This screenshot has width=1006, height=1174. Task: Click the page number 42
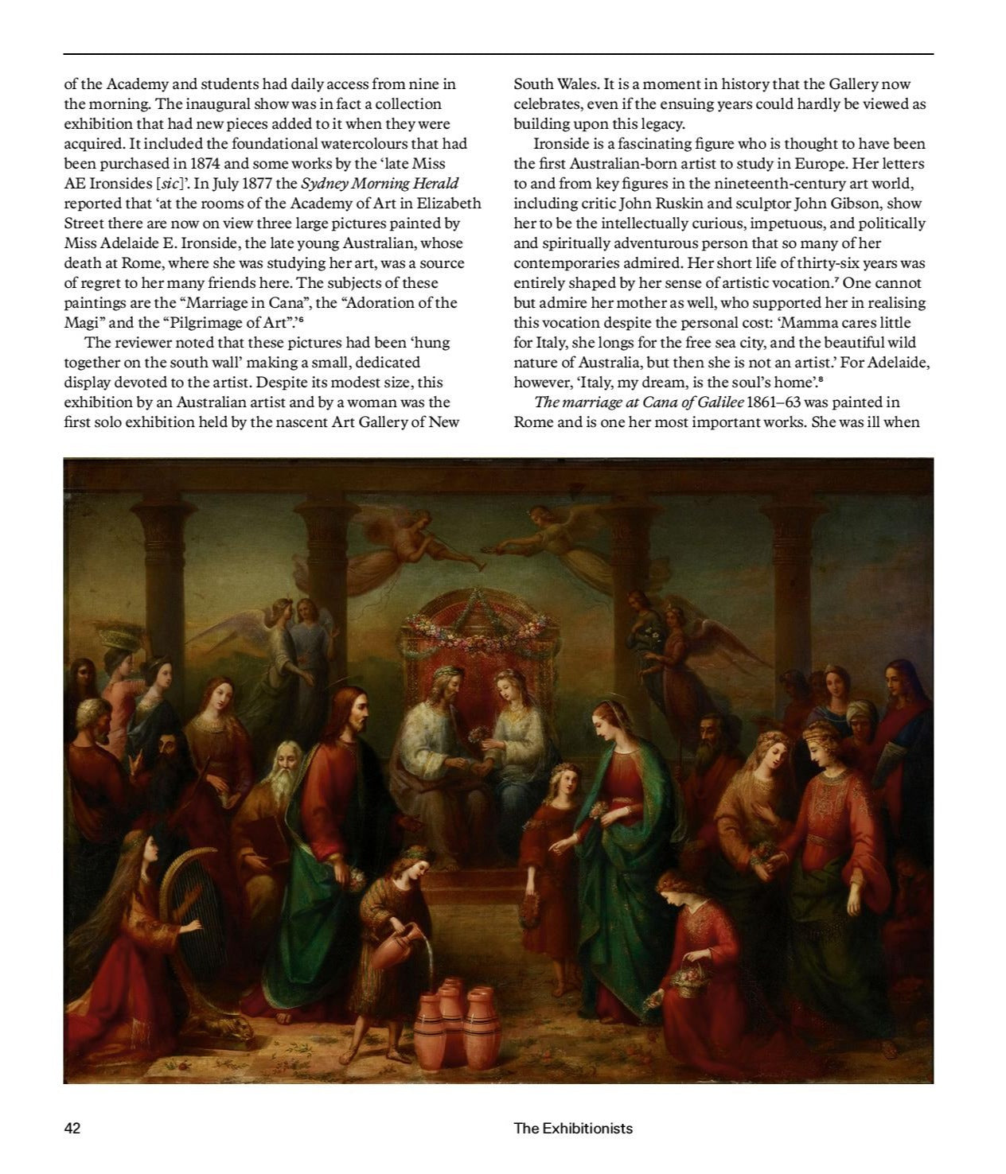[x=72, y=1128]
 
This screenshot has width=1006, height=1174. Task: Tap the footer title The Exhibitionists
[x=573, y=1128]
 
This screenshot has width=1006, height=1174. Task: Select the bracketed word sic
[x=169, y=184]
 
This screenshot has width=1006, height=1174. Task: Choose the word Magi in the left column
[x=80, y=323]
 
